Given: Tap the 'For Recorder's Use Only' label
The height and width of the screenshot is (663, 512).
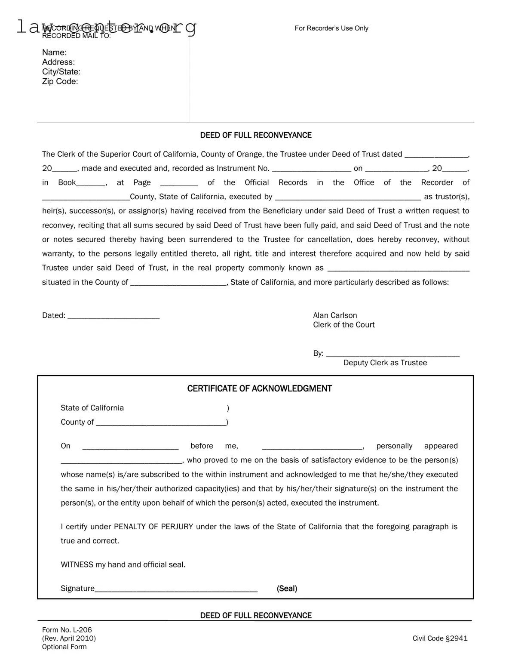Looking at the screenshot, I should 331,28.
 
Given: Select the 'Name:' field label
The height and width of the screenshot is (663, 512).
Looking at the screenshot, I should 54,52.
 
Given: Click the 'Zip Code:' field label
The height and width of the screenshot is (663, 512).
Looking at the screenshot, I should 60,81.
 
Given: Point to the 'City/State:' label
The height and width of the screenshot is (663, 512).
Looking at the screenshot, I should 61,72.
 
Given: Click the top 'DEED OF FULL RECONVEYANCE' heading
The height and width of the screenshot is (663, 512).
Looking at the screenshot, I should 256,135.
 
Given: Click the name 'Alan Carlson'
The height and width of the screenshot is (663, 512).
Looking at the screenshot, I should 335,315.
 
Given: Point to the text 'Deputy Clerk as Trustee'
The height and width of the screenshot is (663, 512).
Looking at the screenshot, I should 385,363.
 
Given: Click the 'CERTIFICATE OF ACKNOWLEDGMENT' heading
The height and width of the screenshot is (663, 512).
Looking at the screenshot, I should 259,389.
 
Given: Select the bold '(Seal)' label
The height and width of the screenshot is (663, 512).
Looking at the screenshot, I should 287,589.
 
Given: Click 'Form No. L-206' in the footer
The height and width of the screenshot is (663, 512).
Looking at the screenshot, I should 67,630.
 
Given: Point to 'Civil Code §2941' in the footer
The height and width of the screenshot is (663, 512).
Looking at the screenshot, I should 440,638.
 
